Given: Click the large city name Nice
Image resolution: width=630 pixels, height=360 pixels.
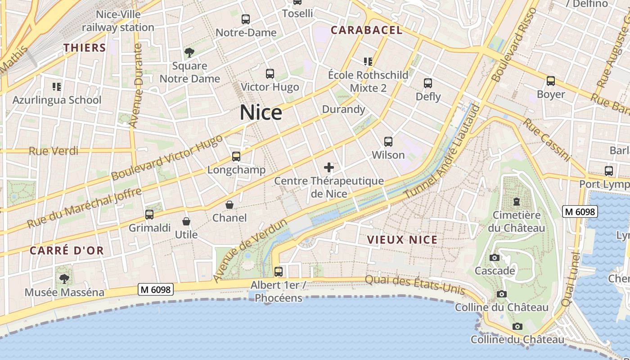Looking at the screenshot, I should point(261,112).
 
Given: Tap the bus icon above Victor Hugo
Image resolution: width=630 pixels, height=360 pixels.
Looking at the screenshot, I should point(270,74).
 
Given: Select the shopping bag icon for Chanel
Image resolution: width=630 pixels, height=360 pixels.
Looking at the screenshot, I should point(229,205).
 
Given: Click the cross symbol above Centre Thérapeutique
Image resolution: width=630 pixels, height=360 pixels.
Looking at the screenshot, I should point(329,168).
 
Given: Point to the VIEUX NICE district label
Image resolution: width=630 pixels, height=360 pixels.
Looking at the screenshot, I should point(402,240).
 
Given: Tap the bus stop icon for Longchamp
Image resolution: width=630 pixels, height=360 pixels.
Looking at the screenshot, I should point(236,157).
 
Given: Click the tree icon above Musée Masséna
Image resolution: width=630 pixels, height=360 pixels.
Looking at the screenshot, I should point(64,279).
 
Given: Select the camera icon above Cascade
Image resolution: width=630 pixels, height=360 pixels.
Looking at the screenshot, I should point(495,258).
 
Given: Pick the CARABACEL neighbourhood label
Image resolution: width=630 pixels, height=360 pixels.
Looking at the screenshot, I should point(366,30).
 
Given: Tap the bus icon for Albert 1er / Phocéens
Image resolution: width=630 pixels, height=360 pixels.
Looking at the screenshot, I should point(279,272).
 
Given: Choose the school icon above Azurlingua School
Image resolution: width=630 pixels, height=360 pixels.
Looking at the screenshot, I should point(57,86).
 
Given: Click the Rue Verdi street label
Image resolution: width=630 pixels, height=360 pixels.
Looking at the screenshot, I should point(54,151).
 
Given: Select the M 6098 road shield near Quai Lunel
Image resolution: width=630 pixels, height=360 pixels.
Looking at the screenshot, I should point(580,211).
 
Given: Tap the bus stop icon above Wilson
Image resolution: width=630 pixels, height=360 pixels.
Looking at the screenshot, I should point(388,142).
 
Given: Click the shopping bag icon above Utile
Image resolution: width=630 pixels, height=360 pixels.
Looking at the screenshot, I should point(186,221).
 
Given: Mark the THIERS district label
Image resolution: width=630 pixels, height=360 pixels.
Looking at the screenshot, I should point(85,48).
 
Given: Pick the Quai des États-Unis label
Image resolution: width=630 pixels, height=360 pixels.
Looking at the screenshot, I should point(414,284).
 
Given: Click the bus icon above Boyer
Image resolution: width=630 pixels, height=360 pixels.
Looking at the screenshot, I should point(551,81).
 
